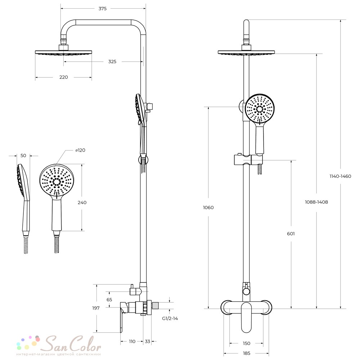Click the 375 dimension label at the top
102,9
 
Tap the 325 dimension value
112,62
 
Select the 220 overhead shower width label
64,77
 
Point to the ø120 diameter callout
80,150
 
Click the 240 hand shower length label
82,202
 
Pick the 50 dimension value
23,156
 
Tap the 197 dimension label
96,308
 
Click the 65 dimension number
109,300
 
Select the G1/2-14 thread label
170,319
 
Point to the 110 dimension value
132,341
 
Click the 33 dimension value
147,341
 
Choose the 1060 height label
208,208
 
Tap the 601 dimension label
291,234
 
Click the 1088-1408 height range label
316,202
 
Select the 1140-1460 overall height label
340,176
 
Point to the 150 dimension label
246,343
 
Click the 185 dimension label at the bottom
246,354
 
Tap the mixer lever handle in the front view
246,316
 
